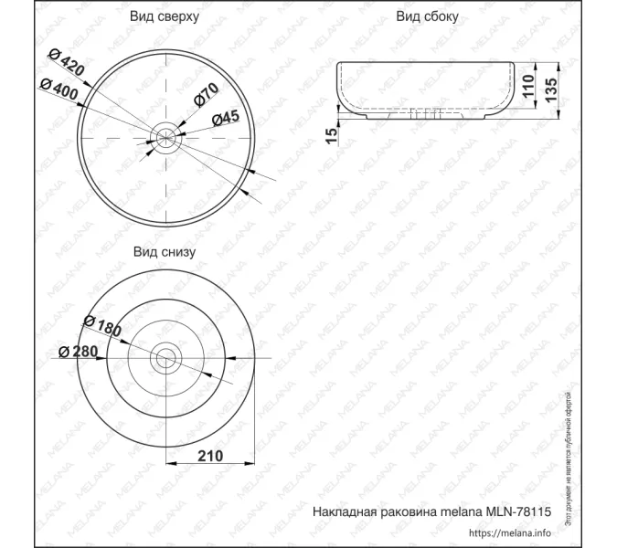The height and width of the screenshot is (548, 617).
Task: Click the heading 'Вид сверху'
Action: pyautogui.click(x=165, y=17)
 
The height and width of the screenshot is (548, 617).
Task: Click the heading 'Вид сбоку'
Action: pyautogui.click(x=427, y=17)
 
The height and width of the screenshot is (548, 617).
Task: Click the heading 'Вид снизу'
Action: pyautogui.click(x=165, y=251)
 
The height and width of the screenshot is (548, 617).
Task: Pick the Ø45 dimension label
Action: pyautogui.click(x=225, y=116)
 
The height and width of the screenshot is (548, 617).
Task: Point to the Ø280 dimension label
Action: pyautogui.click(x=78, y=353)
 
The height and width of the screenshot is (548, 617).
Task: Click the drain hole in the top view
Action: pyautogui.click(x=166, y=138)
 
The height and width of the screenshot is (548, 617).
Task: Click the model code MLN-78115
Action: pyautogui.click(x=520, y=512)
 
